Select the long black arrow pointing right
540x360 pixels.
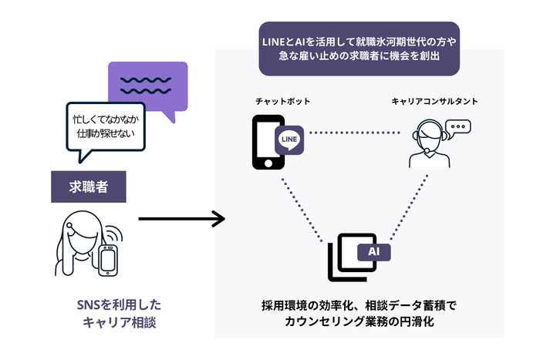[181, 219]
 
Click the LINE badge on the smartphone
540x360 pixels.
[290, 141]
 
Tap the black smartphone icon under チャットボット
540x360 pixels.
[266, 142]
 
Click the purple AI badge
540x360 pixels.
[373, 251]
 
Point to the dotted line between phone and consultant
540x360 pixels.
[356, 133]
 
